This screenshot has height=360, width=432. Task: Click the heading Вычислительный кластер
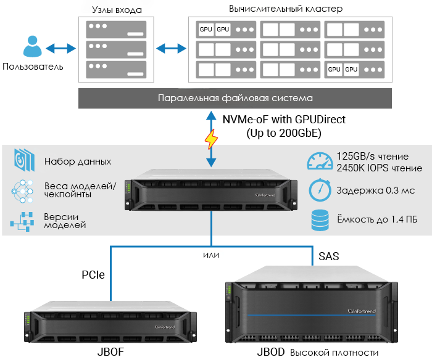[x=285, y=9]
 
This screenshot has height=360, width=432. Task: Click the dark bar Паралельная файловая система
[x=235, y=98]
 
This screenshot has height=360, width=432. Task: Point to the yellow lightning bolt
[x=212, y=140]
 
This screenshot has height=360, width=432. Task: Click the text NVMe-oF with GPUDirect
[x=284, y=120]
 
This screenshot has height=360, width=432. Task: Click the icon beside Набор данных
[x=22, y=161]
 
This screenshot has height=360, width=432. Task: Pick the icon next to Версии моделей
[x=22, y=221]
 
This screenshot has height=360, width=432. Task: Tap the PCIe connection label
[x=93, y=274]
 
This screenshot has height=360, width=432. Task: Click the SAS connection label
[x=328, y=255]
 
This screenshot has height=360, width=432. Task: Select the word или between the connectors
[x=211, y=254]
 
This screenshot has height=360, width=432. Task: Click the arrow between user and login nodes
[x=60, y=47]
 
